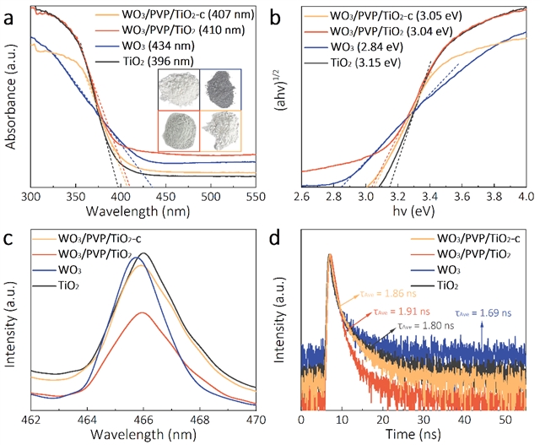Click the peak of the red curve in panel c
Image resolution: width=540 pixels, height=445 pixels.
(143, 312)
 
